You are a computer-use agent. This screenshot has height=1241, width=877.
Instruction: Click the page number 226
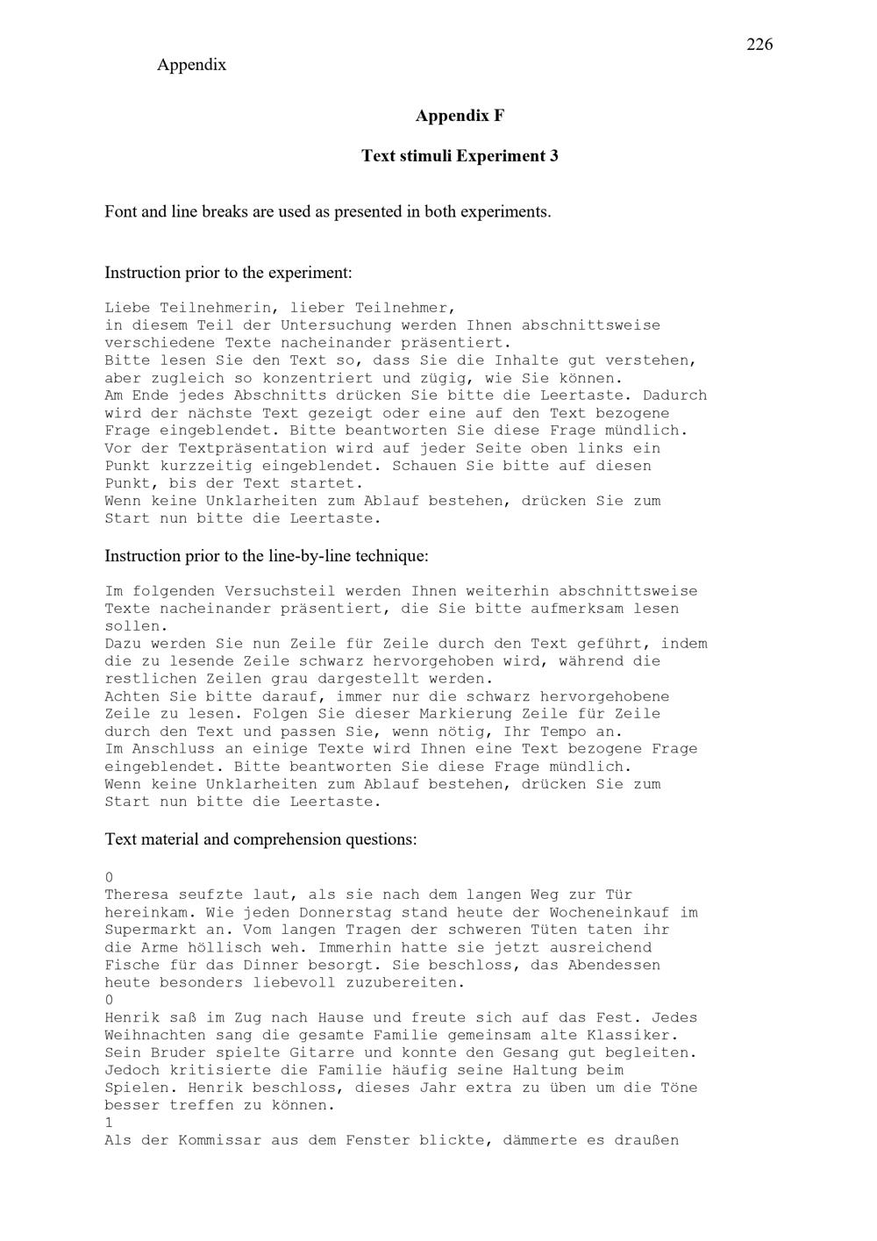coord(759,45)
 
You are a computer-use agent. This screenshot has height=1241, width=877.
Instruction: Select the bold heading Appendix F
coord(460,116)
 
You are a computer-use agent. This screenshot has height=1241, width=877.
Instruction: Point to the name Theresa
coord(137,895)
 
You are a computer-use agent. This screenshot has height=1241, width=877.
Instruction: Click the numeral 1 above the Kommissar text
coord(109,1123)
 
